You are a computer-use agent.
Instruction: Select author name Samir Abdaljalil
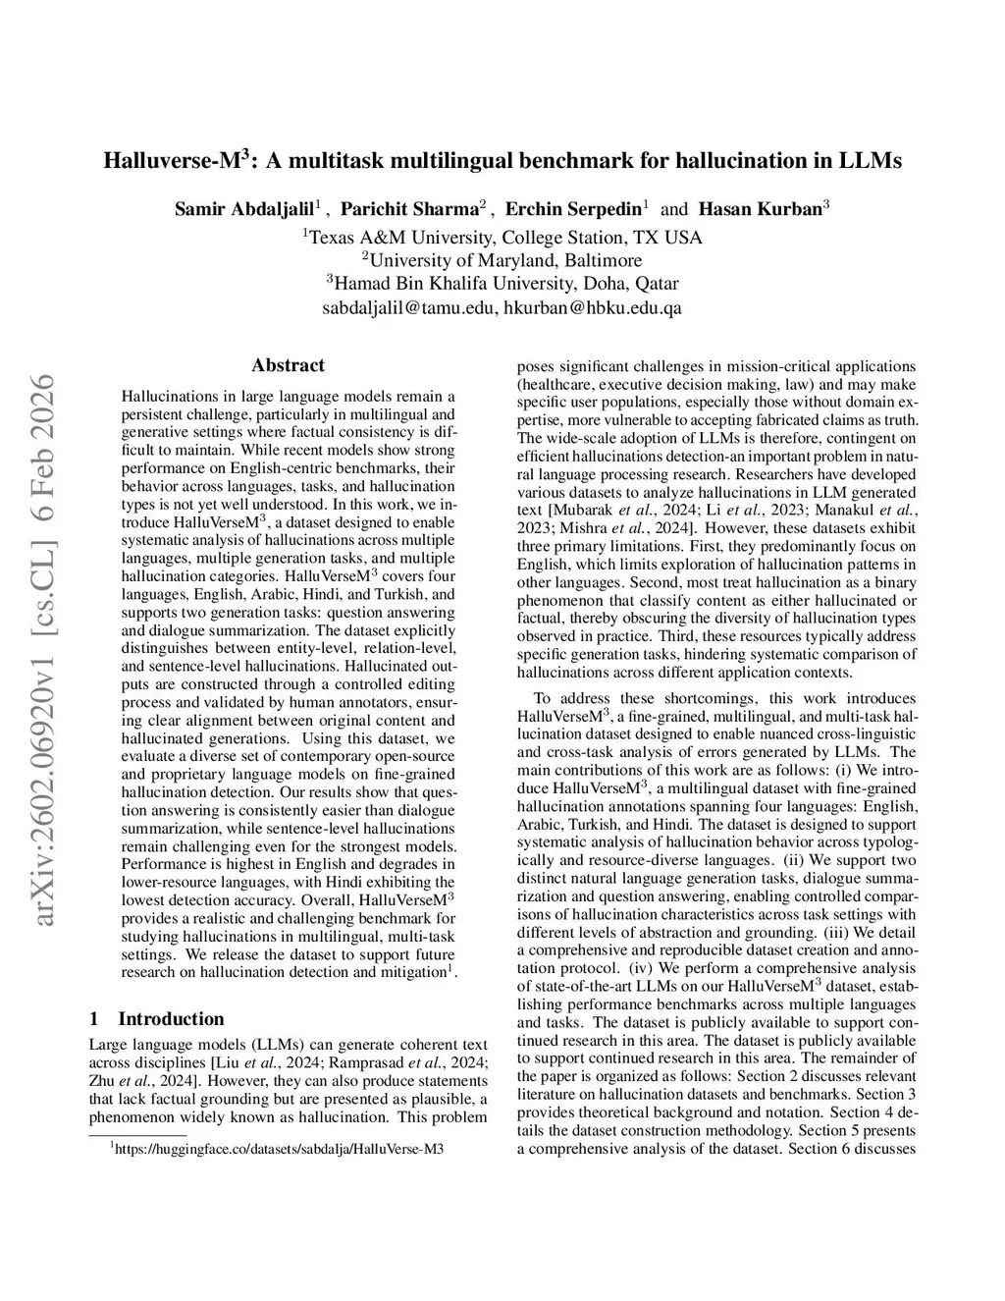[x=244, y=208]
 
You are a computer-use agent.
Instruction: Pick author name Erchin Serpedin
[x=572, y=208]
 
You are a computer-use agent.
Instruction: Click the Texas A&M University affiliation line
[x=502, y=238]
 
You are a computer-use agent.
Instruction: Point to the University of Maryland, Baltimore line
[x=502, y=260]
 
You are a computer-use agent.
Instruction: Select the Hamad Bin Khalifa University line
[x=502, y=284]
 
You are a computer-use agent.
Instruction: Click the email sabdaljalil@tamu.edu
[x=409, y=308]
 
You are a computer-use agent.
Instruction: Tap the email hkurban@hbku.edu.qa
[x=593, y=308]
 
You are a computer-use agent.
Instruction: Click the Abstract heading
[x=288, y=365]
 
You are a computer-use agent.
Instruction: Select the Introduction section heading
[x=171, y=1019]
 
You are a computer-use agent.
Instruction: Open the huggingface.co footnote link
[x=279, y=1148]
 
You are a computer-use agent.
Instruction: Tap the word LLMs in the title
[x=868, y=160]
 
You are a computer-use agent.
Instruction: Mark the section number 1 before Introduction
[x=93, y=1019]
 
